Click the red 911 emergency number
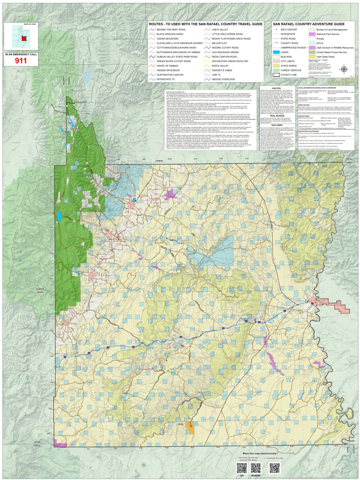(x=20, y=60)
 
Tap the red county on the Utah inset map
(x=24, y=39)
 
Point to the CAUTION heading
(x=277, y=88)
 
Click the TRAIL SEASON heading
(x=277, y=116)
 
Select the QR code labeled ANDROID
(x=256, y=468)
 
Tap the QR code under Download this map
(x=274, y=468)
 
